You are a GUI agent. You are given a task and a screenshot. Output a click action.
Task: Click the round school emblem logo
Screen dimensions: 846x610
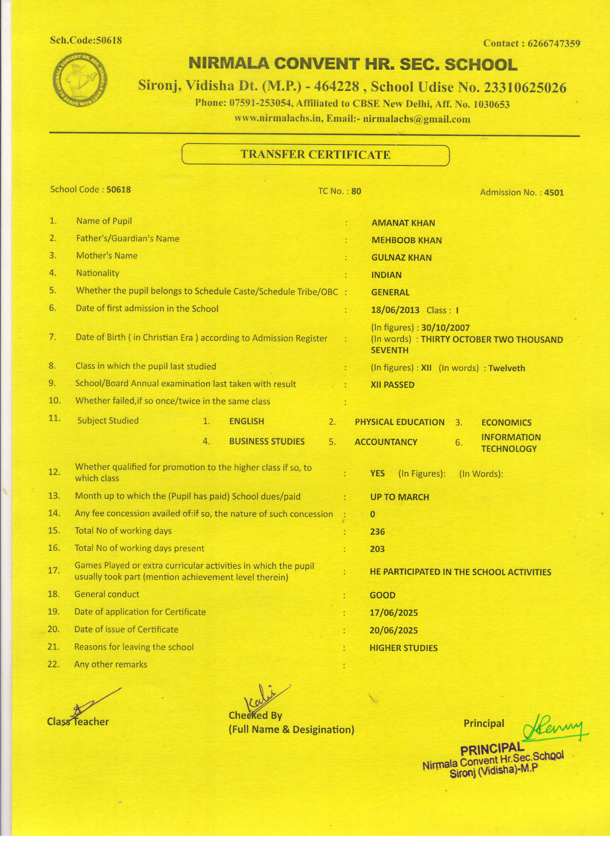pos(79,79)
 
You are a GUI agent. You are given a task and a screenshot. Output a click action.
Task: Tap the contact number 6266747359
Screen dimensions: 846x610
pos(554,44)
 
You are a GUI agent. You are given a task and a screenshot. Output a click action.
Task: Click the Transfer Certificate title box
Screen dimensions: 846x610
pos(315,155)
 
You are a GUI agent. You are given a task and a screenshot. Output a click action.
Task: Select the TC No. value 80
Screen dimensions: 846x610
pos(356,191)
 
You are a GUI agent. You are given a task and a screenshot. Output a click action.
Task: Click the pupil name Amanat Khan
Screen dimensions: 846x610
pos(403,223)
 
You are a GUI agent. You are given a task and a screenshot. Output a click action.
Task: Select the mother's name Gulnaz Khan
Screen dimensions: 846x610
pos(402,258)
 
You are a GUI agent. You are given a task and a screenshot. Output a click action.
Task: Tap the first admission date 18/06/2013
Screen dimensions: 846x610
pos(395,310)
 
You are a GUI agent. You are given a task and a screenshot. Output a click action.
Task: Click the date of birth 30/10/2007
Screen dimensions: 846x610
pos(445,328)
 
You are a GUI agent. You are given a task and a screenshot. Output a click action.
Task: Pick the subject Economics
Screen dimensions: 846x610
pos(506,423)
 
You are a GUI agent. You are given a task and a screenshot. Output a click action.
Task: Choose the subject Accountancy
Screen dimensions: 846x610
pos(386,442)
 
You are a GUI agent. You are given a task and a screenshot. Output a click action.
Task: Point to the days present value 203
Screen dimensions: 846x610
pos(377,549)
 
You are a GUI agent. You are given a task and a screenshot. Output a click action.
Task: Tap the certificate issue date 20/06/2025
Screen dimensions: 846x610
pos(394,631)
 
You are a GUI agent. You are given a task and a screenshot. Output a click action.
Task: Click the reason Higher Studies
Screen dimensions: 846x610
pos(403,648)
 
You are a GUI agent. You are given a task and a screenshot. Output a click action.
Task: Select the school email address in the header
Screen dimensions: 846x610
pos(416,119)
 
